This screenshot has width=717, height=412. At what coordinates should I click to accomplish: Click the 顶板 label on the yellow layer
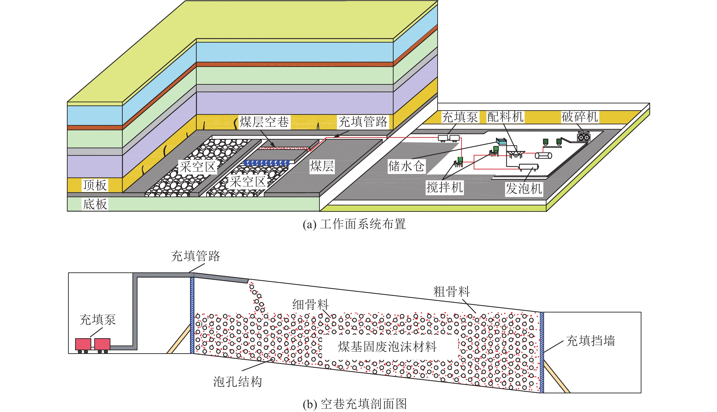click(95, 185)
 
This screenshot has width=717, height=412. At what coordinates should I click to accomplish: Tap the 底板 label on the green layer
click(95, 204)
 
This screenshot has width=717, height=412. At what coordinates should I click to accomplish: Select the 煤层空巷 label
click(264, 122)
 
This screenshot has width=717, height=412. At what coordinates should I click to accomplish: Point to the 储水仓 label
click(406, 166)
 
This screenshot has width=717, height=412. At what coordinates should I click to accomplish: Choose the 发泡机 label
click(524, 188)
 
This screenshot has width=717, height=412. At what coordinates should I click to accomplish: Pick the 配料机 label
click(505, 117)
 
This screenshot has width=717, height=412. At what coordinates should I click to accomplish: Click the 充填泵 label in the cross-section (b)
click(98, 320)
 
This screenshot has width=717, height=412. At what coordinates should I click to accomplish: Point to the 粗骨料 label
click(452, 292)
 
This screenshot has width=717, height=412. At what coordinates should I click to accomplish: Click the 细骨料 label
click(310, 305)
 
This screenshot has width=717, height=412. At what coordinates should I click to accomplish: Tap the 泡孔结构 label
click(237, 382)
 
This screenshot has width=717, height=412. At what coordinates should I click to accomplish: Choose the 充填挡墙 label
click(591, 341)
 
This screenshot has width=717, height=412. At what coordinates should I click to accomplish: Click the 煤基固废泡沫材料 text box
click(387, 347)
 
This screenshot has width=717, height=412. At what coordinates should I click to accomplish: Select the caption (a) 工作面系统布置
click(354, 224)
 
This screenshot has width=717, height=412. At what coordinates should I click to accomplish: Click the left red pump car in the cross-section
click(83, 344)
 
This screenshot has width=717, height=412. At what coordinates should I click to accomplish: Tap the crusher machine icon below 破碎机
click(583, 137)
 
